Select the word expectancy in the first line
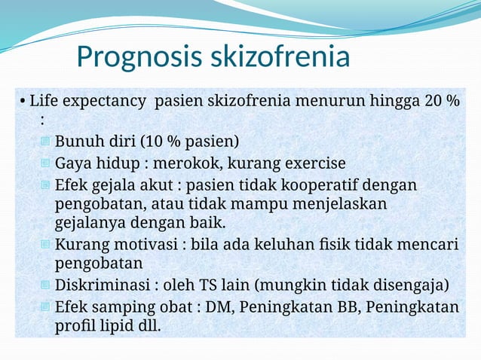111,101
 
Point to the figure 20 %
442,101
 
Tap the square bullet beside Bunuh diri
45,142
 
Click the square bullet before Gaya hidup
45,163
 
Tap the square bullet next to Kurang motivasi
45,245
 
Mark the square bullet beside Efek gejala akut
45,185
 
